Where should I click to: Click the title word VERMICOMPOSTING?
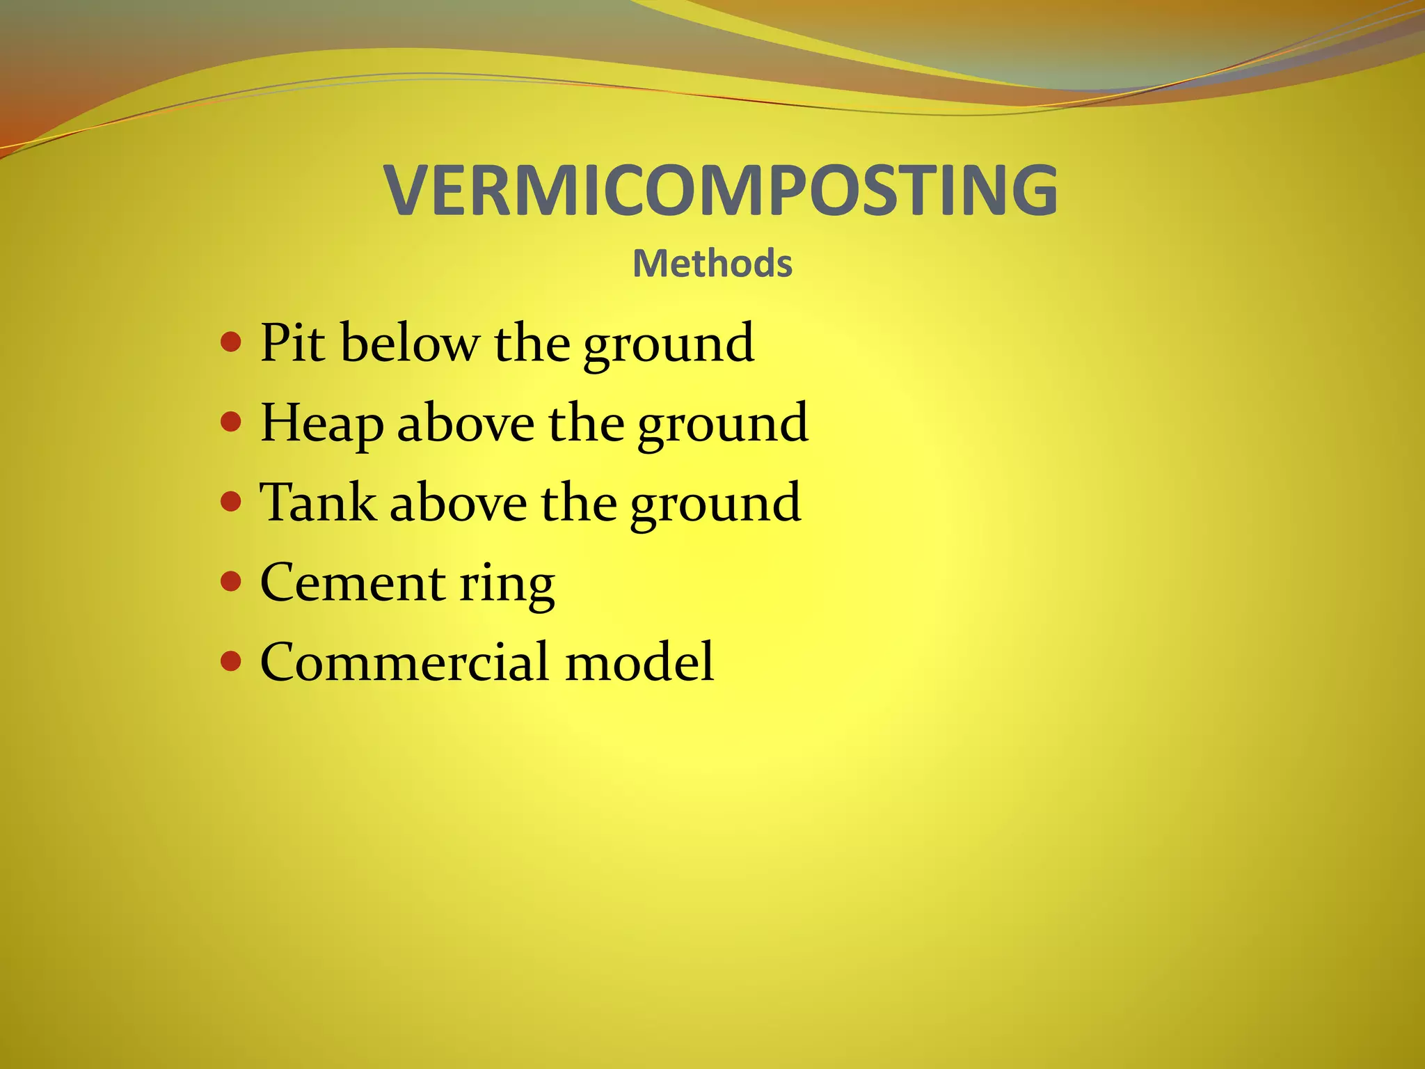tap(721, 190)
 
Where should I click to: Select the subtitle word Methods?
tap(712, 264)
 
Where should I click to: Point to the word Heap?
tap(321, 423)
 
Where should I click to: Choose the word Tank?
tap(317, 502)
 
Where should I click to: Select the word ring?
tap(507, 585)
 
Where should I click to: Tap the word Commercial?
tap(404, 662)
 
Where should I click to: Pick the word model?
tap(639, 662)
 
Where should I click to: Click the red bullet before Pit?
tap(230, 342)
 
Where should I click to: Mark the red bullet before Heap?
tap(230, 421)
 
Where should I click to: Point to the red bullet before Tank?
tap(230, 501)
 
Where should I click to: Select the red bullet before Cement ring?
tap(230, 580)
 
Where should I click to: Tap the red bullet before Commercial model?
tap(230, 660)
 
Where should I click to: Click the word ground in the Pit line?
tap(668, 345)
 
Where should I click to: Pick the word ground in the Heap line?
tap(723, 425)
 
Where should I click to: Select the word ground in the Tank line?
tap(715, 505)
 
